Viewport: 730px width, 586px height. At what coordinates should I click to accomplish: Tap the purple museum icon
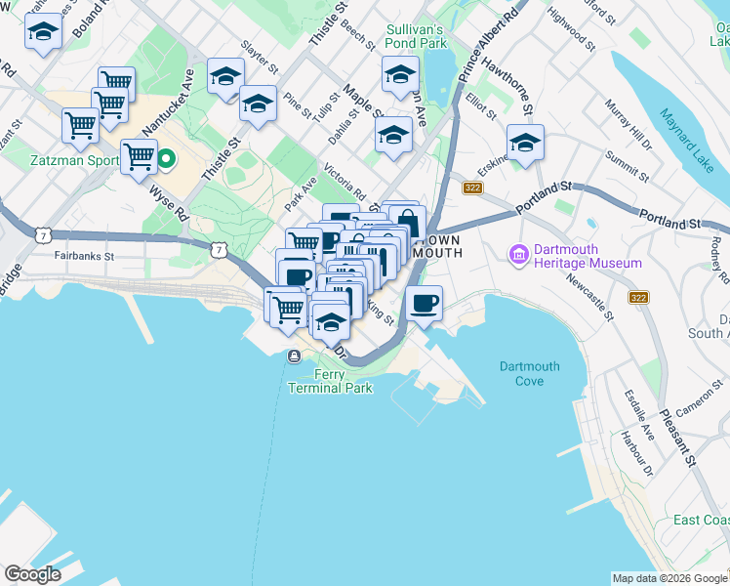[517, 256]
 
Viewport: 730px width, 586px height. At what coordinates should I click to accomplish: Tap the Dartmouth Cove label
[530, 373]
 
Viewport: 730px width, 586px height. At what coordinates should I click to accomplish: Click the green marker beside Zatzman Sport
[167, 157]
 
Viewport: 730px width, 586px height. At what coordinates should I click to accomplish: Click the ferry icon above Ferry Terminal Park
[293, 356]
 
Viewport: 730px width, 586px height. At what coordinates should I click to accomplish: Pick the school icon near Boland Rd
[42, 33]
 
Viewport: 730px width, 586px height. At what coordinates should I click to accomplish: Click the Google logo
[33, 573]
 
